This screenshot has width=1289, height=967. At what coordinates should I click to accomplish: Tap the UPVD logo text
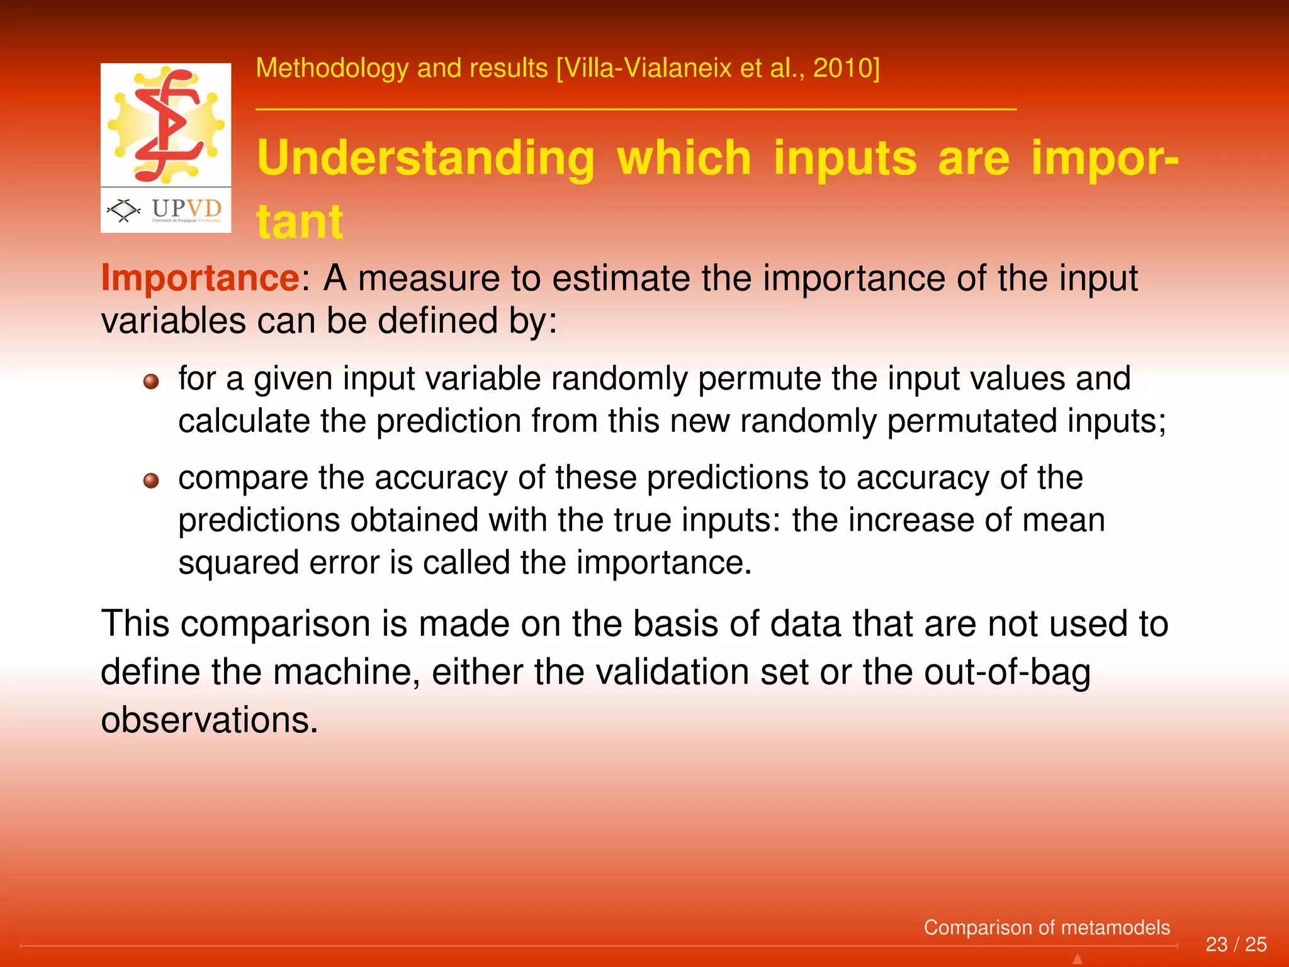click(186, 209)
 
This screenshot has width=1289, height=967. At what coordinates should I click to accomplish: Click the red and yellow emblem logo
click(166, 124)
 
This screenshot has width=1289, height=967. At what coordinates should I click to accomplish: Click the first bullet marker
click(151, 382)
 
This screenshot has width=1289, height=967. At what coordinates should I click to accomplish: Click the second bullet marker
click(151, 481)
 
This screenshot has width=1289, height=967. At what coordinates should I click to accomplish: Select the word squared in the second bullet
click(238, 562)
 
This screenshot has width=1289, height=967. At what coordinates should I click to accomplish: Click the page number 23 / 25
click(1236, 944)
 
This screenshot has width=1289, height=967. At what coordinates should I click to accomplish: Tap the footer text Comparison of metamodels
click(1046, 927)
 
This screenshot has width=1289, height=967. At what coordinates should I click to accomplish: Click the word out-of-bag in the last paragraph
click(1007, 672)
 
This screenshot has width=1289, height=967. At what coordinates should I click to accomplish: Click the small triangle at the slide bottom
click(1077, 959)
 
